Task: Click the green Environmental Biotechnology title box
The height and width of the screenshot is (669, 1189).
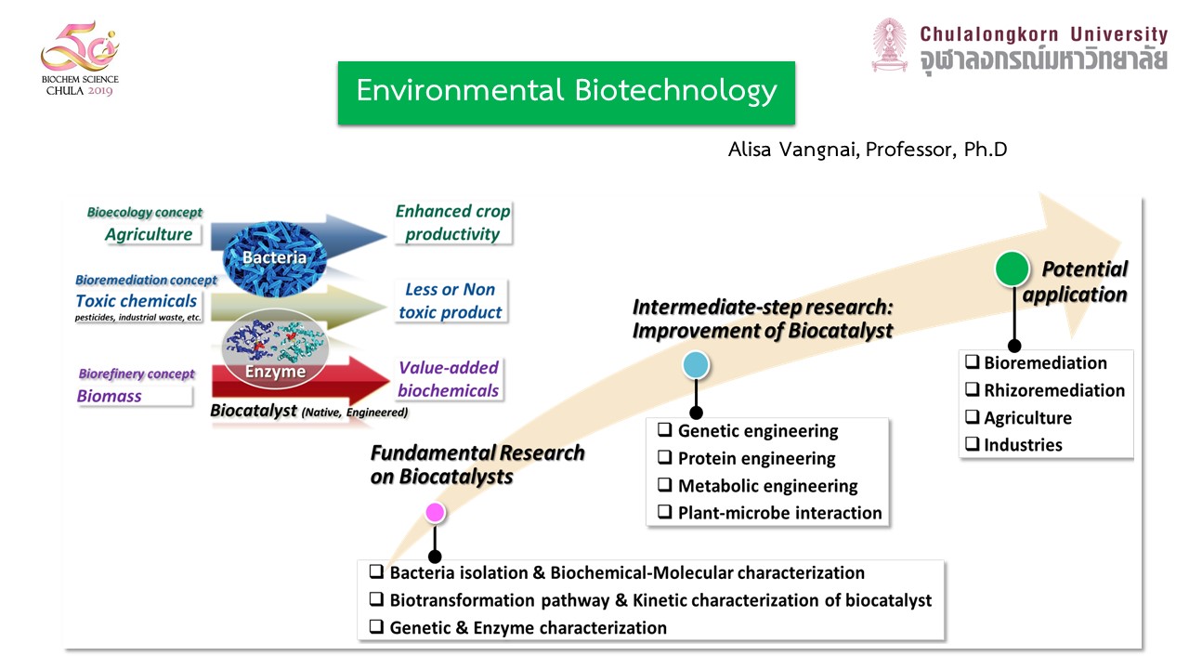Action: point(566,92)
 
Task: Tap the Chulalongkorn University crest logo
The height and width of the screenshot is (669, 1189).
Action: point(889,46)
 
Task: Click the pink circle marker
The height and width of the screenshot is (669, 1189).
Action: point(435,512)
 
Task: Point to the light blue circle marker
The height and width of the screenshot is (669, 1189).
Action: point(696,366)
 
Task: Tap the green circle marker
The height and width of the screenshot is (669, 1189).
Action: point(1012,269)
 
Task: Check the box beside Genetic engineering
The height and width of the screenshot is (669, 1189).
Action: point(665,430)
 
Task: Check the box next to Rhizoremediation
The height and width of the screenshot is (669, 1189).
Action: point(972,390)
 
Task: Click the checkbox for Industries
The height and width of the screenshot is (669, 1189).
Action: point(972,444)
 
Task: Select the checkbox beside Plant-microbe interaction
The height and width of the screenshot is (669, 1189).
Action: point(665,512)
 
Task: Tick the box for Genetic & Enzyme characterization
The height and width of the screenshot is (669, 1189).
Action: point(376,627)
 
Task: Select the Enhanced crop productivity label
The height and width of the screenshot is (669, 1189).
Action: point(452,223)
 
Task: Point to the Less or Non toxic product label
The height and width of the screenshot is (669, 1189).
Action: point(451,301)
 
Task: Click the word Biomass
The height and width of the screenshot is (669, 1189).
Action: point(110,396)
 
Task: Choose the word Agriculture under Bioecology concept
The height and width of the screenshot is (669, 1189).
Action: point(149,234)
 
